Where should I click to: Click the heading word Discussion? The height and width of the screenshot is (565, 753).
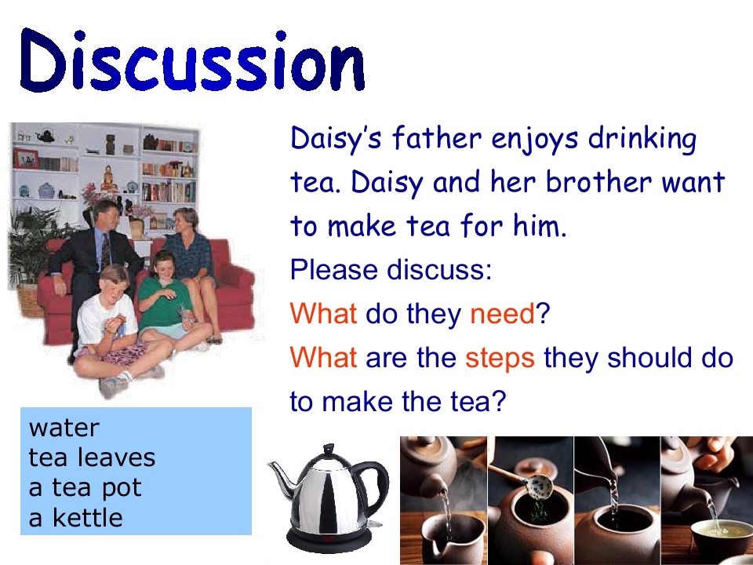pos(192,60)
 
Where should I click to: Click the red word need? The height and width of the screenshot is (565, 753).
pos(502,313)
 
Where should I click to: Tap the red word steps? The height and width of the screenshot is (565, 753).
pos(500,359)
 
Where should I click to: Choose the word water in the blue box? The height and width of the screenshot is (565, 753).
pos(64,428)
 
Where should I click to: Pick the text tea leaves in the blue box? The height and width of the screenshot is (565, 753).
pos(92,457)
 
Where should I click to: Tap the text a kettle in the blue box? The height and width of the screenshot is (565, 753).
pos(75,517)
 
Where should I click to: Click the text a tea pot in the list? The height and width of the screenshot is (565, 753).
pos(85,488)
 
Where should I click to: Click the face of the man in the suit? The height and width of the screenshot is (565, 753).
pos(107,217)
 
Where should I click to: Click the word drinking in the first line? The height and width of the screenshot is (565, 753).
pos(642,138)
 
